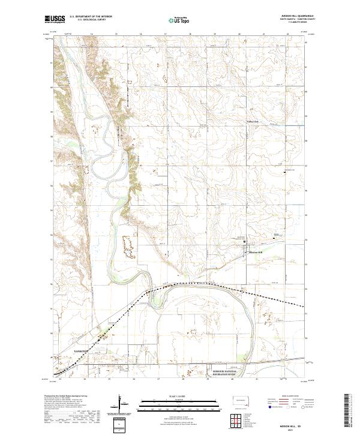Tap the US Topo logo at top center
(x=175, y=20)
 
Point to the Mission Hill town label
(x=256, y=253)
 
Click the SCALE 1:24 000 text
(x=179, y=395)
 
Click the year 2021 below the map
(x=290, y=430)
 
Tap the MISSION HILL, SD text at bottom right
(x=290, y=425)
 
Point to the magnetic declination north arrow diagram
(x=123, y=405)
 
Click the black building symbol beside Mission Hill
(x=245, y=242)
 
